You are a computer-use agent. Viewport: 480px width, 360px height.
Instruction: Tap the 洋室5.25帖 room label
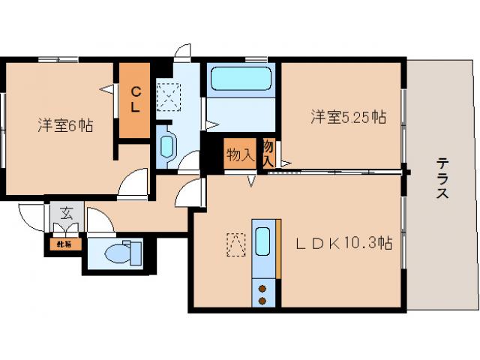coord(349,117)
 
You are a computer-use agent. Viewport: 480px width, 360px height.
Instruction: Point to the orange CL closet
coord(135,99)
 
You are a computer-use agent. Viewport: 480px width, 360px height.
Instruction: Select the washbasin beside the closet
coord(167,145)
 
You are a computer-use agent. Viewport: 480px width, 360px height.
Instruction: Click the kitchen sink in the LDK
coord(262,242)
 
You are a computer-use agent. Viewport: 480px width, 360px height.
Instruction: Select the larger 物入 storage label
coord(239,155)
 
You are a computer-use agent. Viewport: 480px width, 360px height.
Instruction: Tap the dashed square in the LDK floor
coord(236,244)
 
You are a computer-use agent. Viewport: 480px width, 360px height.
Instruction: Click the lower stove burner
coord(263,300)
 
